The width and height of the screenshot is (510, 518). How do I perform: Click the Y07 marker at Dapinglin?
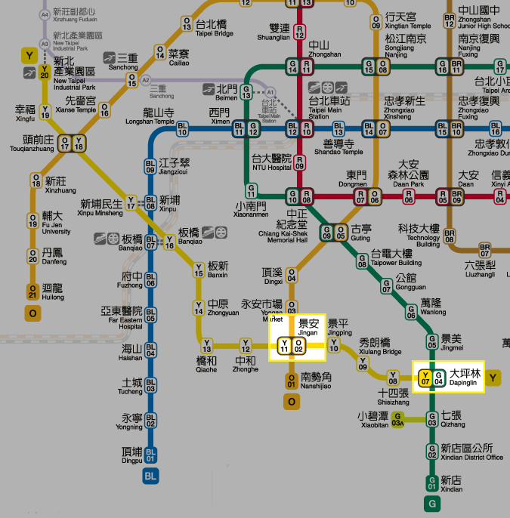point(425,377)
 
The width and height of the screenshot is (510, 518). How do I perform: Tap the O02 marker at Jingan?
point(298,347)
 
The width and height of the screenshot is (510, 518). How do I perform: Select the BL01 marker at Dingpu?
point(151,454)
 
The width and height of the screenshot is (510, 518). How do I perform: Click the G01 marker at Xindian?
point(432,481)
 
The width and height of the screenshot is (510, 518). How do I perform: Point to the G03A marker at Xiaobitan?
point(398,420)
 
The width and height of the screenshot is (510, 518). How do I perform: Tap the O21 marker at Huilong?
point(32,291)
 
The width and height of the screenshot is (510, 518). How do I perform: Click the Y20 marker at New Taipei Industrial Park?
point(45,71)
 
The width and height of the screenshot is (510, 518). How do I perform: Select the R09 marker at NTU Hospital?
point(300,162)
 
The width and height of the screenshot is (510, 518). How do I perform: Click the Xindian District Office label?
point(471,452)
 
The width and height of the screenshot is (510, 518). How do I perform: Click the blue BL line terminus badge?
point(151,476)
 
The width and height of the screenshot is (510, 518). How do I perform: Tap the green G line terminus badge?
point(432,503)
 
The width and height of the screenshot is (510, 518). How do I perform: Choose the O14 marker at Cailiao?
point(160,51)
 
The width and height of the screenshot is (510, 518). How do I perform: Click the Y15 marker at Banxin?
point(199,269)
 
